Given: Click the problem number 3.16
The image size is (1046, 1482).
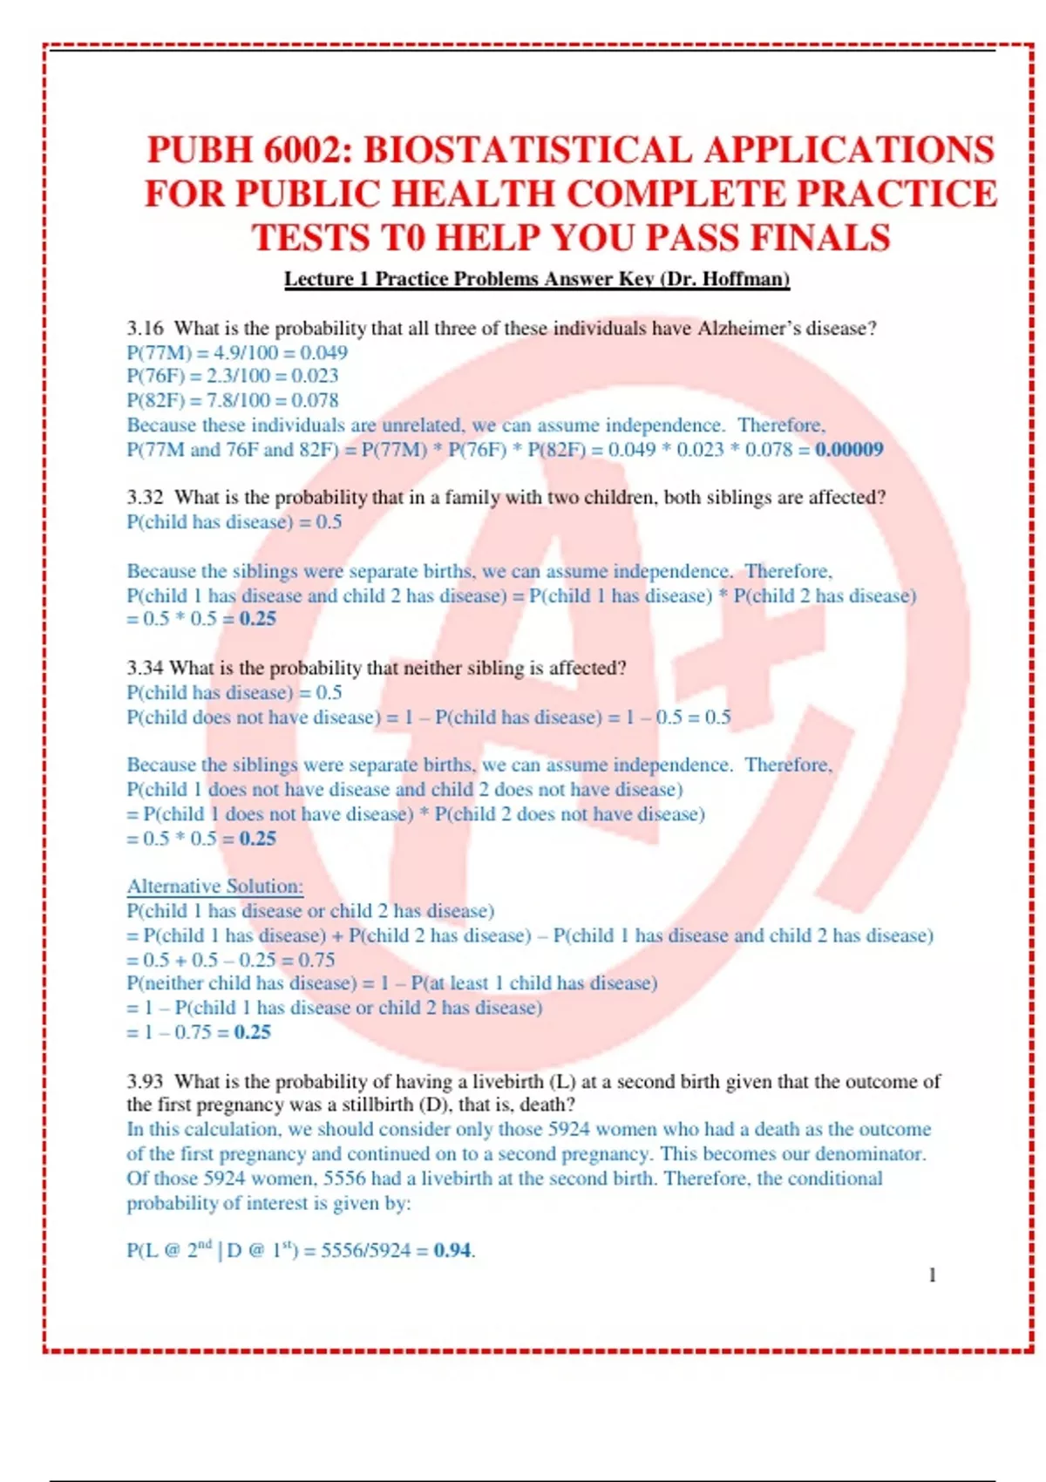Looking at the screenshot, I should coord(145,329).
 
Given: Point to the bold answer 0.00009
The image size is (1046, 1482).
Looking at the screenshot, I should coord(849,450).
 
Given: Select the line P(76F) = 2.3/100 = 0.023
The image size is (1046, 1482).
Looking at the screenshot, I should coord(232,377).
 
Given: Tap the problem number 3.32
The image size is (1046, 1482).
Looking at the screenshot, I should coord(145,498).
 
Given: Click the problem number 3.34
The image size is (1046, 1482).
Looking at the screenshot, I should coord(145,669).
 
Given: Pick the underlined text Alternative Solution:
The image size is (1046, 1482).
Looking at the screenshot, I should coord(214,887).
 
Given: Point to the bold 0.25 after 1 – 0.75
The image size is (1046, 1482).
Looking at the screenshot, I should coord(252,1032).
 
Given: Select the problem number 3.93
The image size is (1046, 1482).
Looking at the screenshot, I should coord(145,1082).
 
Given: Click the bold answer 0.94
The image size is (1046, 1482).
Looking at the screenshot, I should coord(452,1250).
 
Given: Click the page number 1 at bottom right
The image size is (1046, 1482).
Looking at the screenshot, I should coord(932,1275).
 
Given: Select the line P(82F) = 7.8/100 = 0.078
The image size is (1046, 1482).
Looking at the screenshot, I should coord(232,401).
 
